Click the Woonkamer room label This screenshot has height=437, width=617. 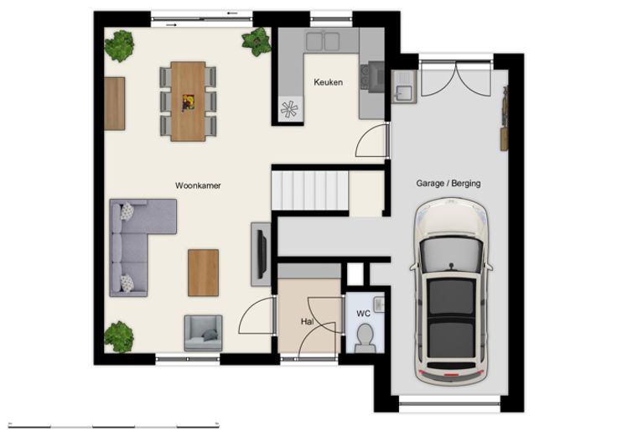(198, 185)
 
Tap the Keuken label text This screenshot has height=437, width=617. (328, 82)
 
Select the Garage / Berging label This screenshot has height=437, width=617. (448, 183)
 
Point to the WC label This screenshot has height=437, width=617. (363, 314)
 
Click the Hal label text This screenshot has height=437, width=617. (307, 321)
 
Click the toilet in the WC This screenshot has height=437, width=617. (365, 338)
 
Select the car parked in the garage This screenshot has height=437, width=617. (451, 292)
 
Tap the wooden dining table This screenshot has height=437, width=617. (188, 101)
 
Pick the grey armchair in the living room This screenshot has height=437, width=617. (203, 333)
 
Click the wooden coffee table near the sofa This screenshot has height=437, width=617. (203, 273)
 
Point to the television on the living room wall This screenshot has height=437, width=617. (262, 254)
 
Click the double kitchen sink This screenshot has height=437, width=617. (323, 41)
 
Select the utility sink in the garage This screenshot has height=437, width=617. (404, 87)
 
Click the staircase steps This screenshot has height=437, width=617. (310, 190)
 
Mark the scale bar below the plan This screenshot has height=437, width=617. (114, 426)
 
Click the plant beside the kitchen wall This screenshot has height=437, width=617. (257, 41)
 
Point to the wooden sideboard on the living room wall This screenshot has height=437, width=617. (115, 103)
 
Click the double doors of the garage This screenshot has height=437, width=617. (456, 79)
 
